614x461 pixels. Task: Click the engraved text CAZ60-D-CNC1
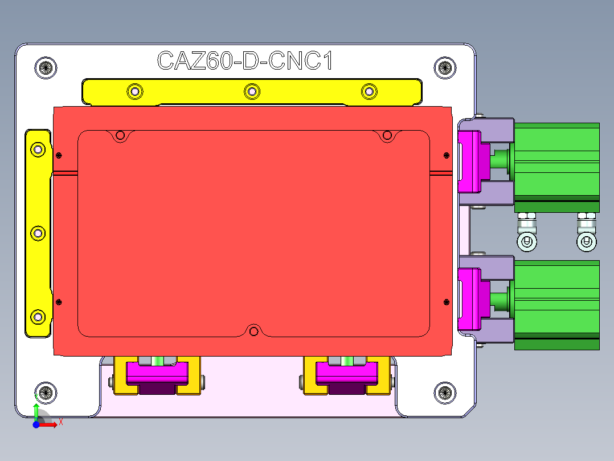point(244,61)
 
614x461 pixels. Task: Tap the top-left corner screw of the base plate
point(46,67)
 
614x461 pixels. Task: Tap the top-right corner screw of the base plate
point(445,67)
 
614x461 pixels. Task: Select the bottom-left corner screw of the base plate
point(46,393)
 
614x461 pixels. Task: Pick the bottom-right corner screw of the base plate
point(445,392)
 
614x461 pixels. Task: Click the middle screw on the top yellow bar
point(252,91)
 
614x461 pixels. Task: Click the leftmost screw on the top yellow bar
point(134,91)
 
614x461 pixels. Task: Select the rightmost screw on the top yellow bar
point(369,91)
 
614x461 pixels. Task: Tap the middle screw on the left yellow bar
point(38,233)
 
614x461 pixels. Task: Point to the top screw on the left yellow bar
point(38,149)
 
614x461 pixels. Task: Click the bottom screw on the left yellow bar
point(38,316)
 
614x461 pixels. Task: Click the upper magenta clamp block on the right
point(472,161)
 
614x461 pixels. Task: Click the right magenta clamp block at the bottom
point(347,373)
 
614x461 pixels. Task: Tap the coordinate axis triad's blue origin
point(36,424)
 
